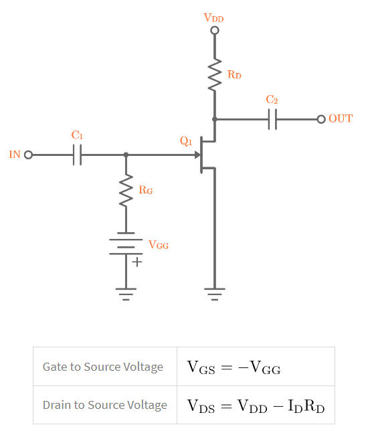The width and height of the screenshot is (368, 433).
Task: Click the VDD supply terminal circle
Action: tap(214, 30)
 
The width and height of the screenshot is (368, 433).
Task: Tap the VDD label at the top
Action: tap(214, 17)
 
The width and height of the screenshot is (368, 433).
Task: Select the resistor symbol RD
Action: tap(214, 75)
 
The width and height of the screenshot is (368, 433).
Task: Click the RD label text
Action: tap(234, 75)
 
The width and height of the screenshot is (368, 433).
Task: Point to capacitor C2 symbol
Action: tap(272, 119)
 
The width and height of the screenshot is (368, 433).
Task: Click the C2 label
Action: tap(272, 100)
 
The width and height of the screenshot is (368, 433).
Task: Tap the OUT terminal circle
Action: tap(321, 119)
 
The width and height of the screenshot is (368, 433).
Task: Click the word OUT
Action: tap(341, 119)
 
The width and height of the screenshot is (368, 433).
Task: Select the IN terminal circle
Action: tap(28, 155)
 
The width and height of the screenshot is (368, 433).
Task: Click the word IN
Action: tap(15, 155)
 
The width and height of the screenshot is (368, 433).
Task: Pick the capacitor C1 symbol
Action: tap(78, 155)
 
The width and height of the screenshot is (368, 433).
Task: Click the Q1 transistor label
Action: tap(186, 141)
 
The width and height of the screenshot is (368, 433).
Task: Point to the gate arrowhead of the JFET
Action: tap(197, 155)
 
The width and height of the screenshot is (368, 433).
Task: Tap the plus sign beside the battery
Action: tap(137, 262)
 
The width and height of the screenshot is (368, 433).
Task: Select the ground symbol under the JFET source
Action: tap(214, 292)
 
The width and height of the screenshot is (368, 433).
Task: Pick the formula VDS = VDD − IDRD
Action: tap(256, 406)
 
